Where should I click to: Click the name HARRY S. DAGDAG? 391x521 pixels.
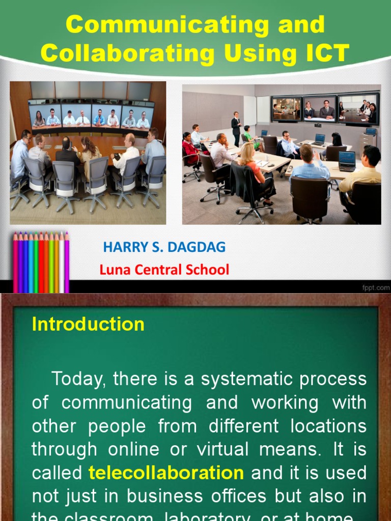164,248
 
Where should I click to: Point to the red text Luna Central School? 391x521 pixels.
164,270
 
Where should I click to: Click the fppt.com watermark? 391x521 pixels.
375,288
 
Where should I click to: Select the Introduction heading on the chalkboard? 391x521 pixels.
88,324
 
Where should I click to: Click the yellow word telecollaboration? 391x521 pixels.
166,473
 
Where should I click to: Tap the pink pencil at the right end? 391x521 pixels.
67,262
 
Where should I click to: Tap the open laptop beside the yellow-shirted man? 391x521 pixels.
347,160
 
